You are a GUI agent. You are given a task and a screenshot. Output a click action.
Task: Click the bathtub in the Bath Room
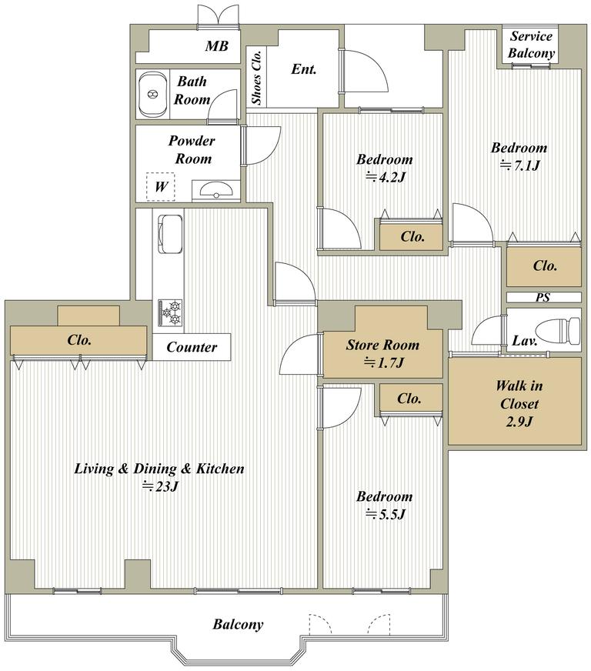coord(152,94)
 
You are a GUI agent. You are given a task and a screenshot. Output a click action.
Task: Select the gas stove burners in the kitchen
coord(170,313)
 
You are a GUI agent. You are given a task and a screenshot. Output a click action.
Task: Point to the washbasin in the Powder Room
coord(216,190)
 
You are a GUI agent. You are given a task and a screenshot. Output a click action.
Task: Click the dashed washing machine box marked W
coord(161,186)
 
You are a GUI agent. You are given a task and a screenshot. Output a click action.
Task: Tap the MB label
coord(216,46)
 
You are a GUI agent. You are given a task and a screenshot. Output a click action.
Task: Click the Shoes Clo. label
coord(256,77)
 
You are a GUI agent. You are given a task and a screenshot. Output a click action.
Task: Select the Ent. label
coord(303,69)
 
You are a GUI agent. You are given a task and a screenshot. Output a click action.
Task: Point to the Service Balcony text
coord(531,45)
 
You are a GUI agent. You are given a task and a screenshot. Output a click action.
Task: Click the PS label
coord(543,297)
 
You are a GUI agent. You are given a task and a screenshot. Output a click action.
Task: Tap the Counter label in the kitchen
coord(192,347)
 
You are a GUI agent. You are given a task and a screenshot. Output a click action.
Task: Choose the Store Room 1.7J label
coord(382,353)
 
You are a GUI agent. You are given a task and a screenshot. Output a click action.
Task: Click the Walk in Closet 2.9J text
coord(519,403)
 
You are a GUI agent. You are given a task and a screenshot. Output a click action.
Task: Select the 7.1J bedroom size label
coord(519,165)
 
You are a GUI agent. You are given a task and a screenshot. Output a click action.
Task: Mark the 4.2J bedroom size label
coord(385,177)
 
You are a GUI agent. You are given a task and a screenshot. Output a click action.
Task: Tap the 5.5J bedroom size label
coord(385,514)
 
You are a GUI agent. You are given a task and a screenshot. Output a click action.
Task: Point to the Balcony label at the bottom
coord(238,624)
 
